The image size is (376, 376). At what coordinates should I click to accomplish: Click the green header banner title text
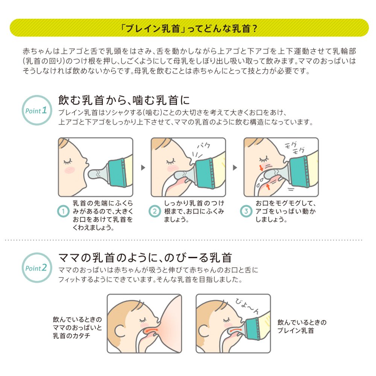[189, 28]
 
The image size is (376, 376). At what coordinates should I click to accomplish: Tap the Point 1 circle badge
[37, 110]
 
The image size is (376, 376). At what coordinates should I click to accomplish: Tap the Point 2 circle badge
[37, 267]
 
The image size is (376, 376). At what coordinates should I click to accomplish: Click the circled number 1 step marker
[63, 211]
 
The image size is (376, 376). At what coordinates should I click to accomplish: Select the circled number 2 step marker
[155, 211]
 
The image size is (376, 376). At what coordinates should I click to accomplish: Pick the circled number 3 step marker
[246, 211]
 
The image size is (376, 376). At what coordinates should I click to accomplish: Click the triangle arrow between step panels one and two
[143, 167]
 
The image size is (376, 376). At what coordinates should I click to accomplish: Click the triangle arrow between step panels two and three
[235, 167]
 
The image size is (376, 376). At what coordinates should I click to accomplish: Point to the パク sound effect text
[204, 145]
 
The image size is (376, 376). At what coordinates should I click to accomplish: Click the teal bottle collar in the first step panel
[117, 173]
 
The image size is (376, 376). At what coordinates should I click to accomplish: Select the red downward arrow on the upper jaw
[261, 168]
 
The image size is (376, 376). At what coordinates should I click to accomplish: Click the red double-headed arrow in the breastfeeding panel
[151, 330]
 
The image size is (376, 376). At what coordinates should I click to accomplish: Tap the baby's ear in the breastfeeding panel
[120, 331]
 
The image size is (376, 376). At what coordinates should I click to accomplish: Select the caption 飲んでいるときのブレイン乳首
[302, 326]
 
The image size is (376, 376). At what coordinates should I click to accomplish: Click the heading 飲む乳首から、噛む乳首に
[124, 100]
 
